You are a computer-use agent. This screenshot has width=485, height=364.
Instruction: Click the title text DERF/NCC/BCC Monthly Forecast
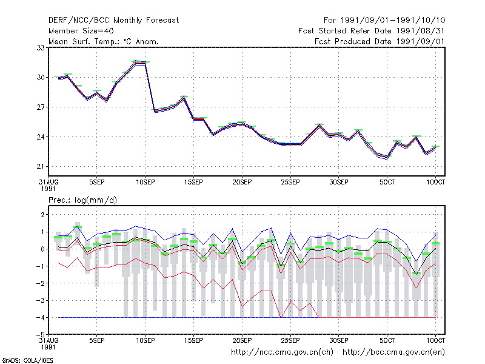(x=113, y=21)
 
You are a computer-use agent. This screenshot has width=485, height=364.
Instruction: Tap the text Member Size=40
(x=81, y=31)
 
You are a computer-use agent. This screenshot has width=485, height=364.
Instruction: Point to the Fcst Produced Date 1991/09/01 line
(x=380, y=41)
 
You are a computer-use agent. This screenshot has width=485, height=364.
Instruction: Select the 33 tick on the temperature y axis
(x=41, y=48)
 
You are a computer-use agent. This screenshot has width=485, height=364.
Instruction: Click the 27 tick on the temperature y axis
(x=41, y=107)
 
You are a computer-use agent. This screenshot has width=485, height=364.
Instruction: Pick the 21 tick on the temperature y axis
(x=41, y=166)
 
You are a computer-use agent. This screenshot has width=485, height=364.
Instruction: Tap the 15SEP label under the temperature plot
(x=193, y=183)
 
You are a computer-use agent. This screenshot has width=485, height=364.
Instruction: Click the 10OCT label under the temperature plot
(x=435, y=183)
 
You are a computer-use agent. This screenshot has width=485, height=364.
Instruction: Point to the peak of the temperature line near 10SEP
(x=135, y=62)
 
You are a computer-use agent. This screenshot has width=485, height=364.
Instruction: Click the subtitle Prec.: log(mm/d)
(x=82, y=200)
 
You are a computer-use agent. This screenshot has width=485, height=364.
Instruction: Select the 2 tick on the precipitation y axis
(x=42, y=215)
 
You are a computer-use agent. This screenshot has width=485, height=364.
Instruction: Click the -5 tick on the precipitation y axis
(x=41, y=335)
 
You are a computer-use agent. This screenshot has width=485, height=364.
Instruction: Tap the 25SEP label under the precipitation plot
(x=290, y=340)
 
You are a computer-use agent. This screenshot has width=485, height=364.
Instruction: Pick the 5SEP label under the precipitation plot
(x=97, y=340)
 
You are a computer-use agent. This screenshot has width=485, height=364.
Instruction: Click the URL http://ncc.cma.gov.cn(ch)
(x=282, y=352)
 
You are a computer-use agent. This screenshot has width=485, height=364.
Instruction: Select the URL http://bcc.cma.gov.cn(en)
(x=393, y=352)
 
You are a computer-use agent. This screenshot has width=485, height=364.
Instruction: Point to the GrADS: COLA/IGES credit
(x=27, y=360)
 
